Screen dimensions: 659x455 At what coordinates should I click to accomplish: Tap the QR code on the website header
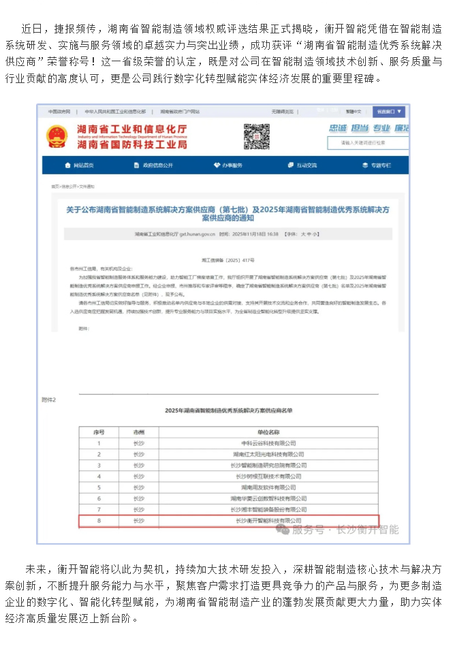coord(256,135)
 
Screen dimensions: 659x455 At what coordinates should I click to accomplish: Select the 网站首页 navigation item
coord(79,165)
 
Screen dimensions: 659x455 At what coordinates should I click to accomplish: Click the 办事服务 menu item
coord(227,165)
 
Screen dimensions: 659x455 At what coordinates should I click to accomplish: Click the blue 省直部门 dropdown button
coord(390,111)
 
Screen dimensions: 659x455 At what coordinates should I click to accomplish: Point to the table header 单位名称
coord(268,432)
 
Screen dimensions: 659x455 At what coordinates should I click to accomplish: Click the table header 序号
coord(99,432)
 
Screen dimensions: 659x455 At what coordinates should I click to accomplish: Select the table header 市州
coord(139,432)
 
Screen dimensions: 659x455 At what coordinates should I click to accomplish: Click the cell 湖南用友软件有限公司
coord(268,487)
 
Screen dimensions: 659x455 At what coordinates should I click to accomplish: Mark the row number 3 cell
coord(99,465)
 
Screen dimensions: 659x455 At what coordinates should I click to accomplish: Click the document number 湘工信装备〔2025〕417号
coord(228,260)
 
